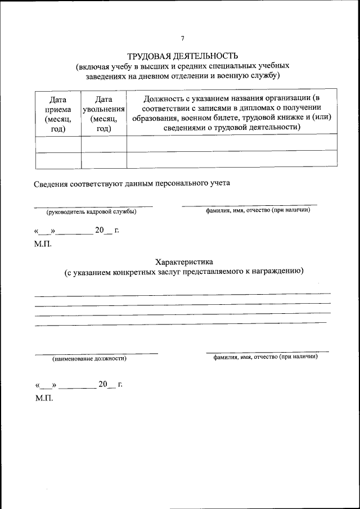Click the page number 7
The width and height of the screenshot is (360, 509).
coord(182,38)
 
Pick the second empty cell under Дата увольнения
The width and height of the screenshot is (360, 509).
coord(103,160)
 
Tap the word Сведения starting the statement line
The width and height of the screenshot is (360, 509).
coord(49,183)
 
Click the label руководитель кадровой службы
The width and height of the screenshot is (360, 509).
coord(91,211)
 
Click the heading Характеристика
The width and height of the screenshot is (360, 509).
coord(184,262)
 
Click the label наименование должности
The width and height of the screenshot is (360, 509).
coord(89,358)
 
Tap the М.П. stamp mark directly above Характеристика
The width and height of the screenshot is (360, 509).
coord(43,244)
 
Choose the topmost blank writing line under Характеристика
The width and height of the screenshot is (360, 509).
coord(182,295)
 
